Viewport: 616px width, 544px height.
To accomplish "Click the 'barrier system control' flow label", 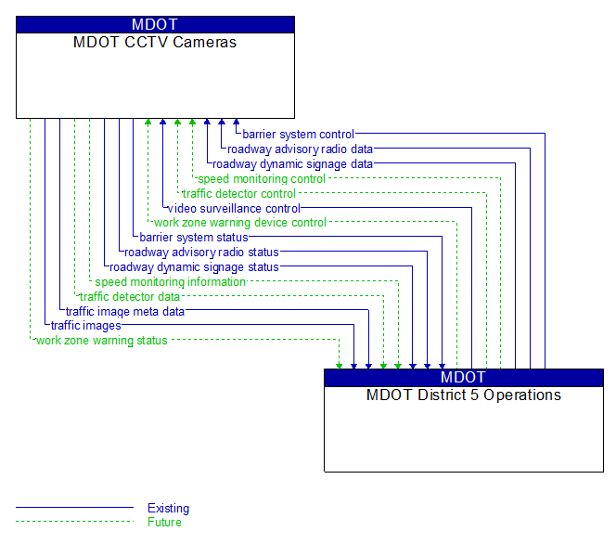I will (299, 135).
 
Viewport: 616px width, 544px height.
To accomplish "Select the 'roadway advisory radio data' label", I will (300, 149).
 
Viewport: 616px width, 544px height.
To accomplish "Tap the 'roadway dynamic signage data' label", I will (292, 164).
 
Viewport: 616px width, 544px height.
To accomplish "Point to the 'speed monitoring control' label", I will (261, 179).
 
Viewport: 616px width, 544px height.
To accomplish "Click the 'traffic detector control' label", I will (238, 194).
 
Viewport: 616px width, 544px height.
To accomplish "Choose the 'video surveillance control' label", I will (234, 209).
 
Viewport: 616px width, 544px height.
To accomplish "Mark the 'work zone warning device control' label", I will (239, 223).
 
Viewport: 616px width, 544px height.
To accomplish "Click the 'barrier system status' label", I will (194, 238).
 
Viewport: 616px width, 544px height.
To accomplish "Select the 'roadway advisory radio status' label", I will (201, 253).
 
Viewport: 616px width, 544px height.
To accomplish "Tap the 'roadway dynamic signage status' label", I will (194, 267).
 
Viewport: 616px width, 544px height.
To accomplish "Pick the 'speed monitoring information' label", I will (170, 282).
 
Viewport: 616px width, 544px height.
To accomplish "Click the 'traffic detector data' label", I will (129, 297).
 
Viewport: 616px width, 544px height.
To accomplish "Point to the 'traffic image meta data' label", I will (124, 312).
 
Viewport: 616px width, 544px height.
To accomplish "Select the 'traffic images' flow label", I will (85, 326).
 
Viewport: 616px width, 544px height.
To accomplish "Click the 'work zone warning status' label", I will (101, 341).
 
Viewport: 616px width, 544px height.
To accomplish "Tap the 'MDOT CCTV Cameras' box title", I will (155, 43).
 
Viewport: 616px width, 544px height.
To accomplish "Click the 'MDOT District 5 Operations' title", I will (463, 395).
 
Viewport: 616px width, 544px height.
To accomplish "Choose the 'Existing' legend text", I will (168, 509).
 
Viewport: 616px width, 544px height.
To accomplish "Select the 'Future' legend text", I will (164, 523).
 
